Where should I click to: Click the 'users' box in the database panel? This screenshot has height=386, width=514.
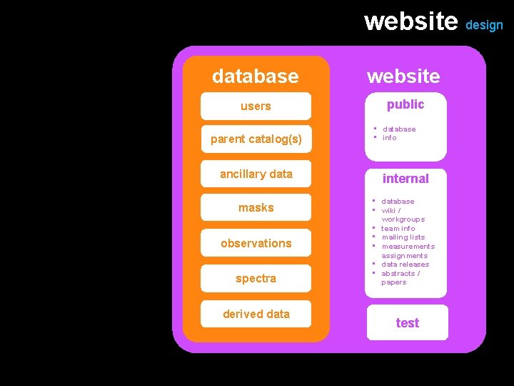[x=256, y=107]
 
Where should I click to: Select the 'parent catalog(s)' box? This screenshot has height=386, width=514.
[x=256, y=139]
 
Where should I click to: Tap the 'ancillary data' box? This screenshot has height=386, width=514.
[x=256, y=174]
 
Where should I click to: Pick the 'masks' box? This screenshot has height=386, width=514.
[x=256, y=207]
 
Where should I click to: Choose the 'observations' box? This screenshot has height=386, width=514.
[x=256, y=243]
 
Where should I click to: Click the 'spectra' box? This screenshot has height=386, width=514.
[x=256, y=278]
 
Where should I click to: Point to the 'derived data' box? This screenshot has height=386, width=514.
[x=256, y=314]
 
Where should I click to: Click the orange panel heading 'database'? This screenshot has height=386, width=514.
[x=256, y=75]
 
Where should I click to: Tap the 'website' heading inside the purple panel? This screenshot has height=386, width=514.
[x=403, y=75]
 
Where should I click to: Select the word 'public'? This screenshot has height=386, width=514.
[x=405, y=104]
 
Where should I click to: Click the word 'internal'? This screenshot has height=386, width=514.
[x=405, y=179]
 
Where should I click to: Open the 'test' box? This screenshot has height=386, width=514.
[x=407, y=323]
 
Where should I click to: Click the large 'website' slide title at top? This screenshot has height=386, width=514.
[x=410, y=21]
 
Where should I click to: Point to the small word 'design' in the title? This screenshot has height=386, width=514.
[x=484, y=25]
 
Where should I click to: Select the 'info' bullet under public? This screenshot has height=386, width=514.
[x=389, y=138]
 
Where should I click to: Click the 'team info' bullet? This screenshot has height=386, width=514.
[x=398, y=229]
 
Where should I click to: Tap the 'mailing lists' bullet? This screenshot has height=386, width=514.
[x=403, y=237]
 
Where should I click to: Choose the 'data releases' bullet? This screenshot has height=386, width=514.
[x=405, y=264]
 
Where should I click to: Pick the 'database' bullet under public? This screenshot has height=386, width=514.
[x=399, y=129]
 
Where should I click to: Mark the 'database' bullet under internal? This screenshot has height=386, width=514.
[x=398, y=202]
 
